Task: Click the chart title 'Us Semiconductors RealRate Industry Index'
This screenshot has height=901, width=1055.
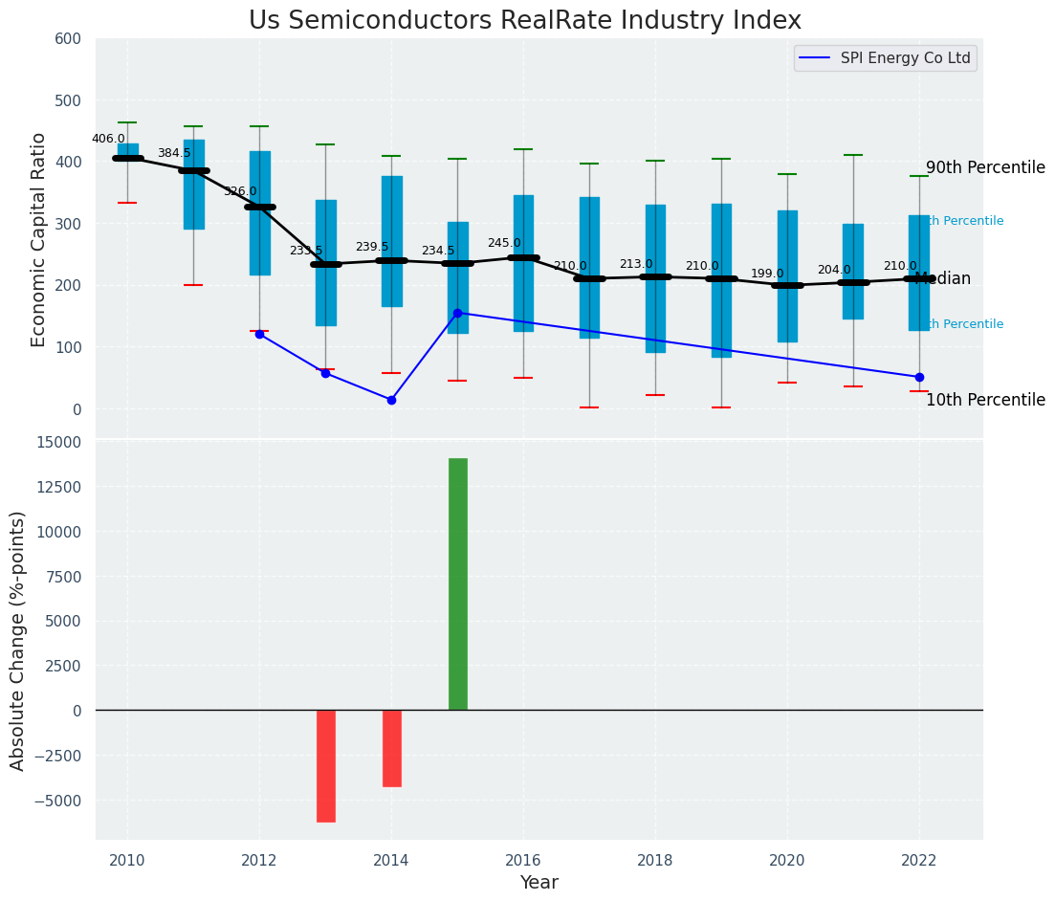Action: point(525,21)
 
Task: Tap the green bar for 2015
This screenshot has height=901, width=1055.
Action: point(458,583)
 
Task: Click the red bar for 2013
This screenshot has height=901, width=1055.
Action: point(326,765)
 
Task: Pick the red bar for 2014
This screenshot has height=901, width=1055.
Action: point(392,748)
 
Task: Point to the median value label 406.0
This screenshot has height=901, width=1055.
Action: point(108,139)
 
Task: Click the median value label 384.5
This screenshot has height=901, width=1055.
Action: point(174,153)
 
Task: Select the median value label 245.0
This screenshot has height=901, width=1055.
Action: point(504,244)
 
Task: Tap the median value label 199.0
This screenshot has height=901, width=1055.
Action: point(767,274)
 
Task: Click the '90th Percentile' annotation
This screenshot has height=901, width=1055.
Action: point(985,167)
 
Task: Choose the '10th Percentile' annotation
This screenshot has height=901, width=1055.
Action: point(985,400)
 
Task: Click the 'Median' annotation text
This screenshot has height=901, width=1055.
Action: point(943,279)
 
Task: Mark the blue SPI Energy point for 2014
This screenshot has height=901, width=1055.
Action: point(391,400)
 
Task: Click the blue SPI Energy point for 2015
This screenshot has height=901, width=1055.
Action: point(457,313)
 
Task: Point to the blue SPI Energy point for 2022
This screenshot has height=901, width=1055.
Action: point(919,377)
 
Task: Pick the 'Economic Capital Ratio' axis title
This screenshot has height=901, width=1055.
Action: point(39,239)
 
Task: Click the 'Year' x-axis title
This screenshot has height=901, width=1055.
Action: point(538,883)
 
